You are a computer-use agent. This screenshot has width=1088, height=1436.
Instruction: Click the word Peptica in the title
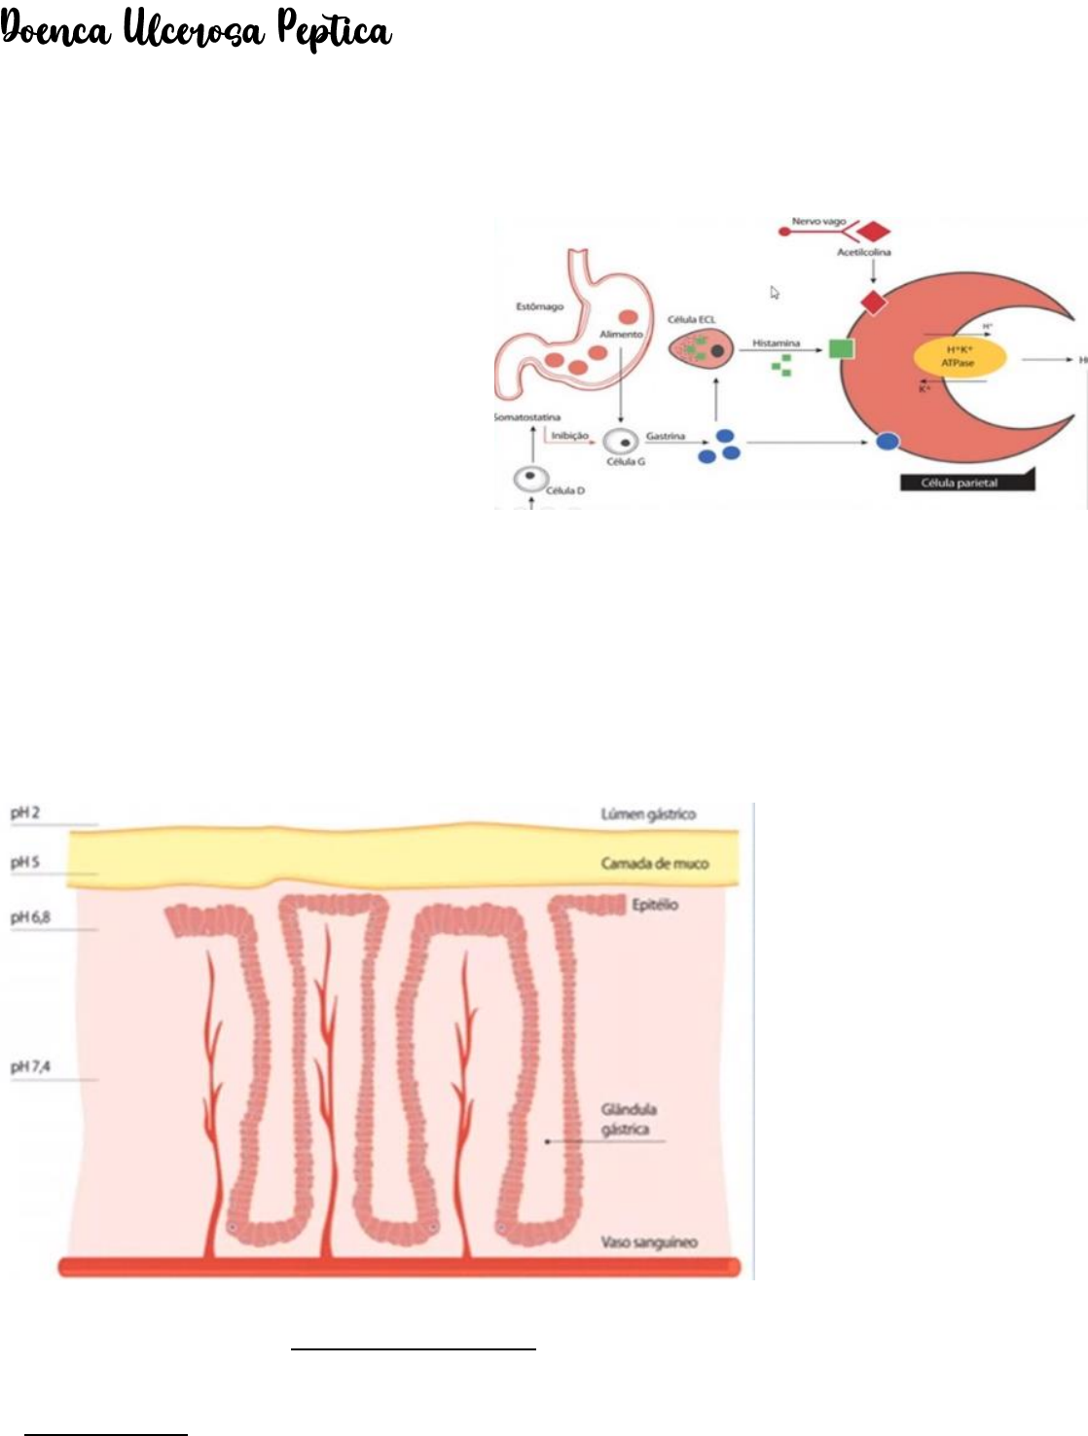point(335,31)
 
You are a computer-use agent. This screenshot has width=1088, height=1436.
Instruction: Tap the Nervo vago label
point(818,222)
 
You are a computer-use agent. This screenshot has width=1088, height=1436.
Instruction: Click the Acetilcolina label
point(863,252)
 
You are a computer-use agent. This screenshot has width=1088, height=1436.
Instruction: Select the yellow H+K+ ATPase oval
point(959,356)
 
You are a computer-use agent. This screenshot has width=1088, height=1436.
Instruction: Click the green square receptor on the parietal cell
point(841,347)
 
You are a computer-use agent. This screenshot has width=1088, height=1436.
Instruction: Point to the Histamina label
point(776,343)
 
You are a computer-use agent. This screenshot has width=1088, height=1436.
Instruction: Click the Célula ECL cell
point(700,348)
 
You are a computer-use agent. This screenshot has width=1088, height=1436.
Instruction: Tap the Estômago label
point(539,306)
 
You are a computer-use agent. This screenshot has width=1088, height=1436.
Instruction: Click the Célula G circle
point(620,441)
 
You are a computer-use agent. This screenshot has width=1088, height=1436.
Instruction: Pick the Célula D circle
point(530,478)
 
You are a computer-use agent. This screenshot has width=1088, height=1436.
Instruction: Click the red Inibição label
point(569,436)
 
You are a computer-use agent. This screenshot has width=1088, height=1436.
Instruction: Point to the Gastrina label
point(666,436)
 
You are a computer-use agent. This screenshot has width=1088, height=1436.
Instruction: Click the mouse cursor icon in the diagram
point(775,292)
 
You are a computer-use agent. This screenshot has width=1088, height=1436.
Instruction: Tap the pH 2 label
point(25,812)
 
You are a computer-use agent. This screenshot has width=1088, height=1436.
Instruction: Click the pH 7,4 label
point(30,1067)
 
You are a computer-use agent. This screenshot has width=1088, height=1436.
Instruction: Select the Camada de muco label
point(654,863)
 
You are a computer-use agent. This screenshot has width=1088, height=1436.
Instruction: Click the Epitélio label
point(655,905)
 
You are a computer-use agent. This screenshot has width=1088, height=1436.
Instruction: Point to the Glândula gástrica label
point(628,1119)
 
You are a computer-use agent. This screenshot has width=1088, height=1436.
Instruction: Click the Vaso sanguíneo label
point(648,1242)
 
